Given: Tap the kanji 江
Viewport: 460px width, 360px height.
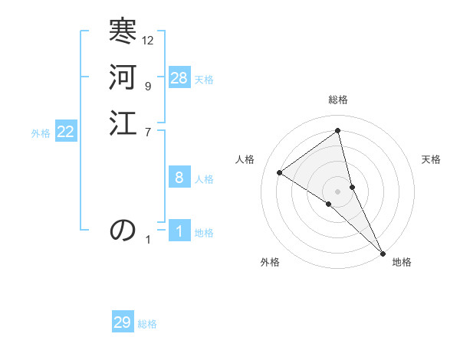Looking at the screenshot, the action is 123,123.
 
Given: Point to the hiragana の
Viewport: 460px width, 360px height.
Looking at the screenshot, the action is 123,230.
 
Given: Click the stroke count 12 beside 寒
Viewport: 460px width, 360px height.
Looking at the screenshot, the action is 148,40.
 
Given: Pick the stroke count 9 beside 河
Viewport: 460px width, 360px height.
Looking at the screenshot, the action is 147,86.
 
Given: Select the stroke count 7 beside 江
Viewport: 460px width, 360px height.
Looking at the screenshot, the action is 147,132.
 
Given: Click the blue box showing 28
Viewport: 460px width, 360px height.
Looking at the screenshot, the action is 179,78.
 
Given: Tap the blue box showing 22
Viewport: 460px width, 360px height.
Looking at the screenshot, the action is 66,132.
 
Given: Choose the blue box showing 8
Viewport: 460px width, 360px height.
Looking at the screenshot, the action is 179,178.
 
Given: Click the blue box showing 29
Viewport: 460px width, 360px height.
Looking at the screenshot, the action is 123,322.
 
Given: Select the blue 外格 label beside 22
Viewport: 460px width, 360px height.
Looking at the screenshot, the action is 41,133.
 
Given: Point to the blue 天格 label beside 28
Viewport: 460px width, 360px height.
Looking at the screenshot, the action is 204,80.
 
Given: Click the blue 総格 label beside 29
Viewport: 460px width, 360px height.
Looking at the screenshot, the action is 147,325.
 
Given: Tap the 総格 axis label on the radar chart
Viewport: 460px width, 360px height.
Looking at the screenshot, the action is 338,100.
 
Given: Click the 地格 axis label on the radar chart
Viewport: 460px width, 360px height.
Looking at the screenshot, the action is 402,262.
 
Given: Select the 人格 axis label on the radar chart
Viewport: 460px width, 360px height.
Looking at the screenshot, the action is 245,159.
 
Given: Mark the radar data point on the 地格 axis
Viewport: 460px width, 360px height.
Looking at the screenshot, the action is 382,252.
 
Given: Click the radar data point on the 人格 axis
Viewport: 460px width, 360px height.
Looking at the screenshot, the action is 280,172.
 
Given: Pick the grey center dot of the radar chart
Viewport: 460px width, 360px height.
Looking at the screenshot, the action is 338,191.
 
